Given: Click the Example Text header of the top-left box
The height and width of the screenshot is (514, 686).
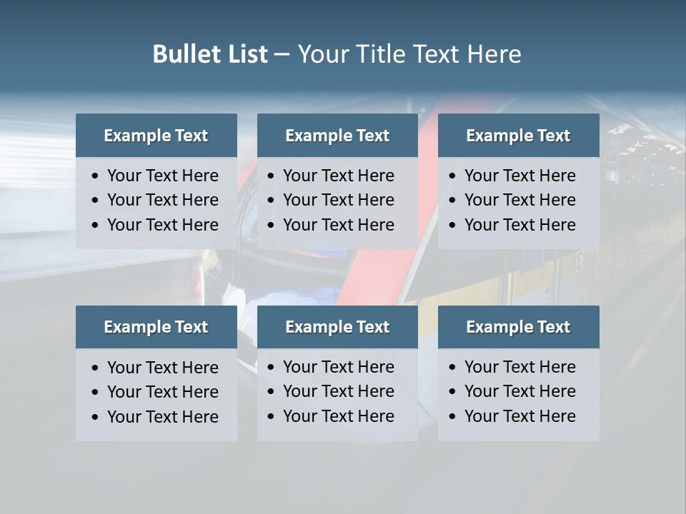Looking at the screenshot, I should pos(156,136).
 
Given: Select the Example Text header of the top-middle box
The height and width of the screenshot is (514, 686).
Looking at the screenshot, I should pos(337,136).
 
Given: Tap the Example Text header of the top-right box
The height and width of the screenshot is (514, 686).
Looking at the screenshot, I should pos(518,136).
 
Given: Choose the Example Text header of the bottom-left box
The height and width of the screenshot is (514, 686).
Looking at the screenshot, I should pos(156,327).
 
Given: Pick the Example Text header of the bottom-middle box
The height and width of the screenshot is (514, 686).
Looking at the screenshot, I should pos(337,327).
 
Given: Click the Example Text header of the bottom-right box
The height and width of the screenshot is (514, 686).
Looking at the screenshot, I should pos(518,327).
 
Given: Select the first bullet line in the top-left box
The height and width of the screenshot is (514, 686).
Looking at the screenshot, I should pos(163,176).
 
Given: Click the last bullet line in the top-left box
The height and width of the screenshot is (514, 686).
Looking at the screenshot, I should pos(163,225).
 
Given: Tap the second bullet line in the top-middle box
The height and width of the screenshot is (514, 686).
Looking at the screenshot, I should pos(339,200).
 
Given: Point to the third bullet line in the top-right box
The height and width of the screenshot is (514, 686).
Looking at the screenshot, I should pos(520,225).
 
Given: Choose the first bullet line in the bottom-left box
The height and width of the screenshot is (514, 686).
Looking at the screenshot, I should pos(163,368).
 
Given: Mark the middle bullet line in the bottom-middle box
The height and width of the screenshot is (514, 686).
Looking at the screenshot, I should pos(339,391).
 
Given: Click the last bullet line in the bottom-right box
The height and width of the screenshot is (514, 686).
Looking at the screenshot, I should pos(520,416).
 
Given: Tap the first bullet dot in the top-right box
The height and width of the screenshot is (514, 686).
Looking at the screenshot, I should pos(452,176).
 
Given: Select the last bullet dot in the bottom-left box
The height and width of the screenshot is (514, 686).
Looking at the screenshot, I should pos(95,417).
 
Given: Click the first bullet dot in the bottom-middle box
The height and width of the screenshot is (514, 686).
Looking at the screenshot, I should pos(271,368).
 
